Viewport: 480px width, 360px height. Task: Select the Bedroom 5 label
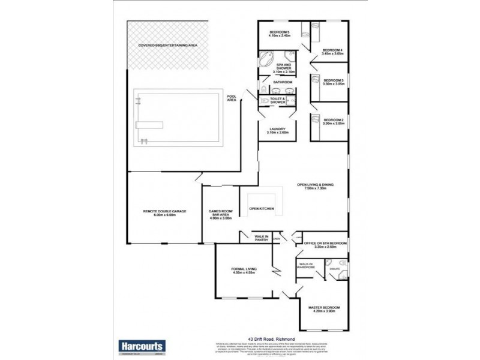coord(280,34)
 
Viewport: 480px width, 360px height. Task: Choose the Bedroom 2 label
coord(333,121)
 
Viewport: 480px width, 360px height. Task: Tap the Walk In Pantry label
coord(261,238)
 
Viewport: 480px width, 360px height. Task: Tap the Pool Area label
coord(231,98)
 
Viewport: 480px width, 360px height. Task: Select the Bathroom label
coord(283,82)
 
